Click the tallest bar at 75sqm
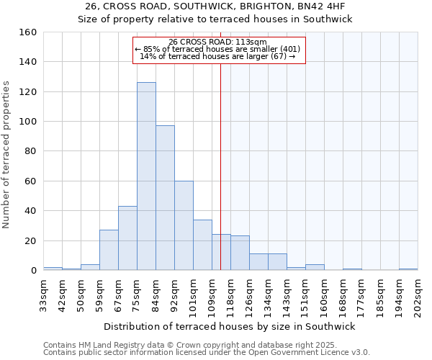(146, 176)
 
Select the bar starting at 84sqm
(165, 198)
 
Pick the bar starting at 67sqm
(127, 238)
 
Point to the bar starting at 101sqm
(202, 245)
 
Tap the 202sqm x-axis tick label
(418, 295)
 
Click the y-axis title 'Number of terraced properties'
(7, 155)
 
